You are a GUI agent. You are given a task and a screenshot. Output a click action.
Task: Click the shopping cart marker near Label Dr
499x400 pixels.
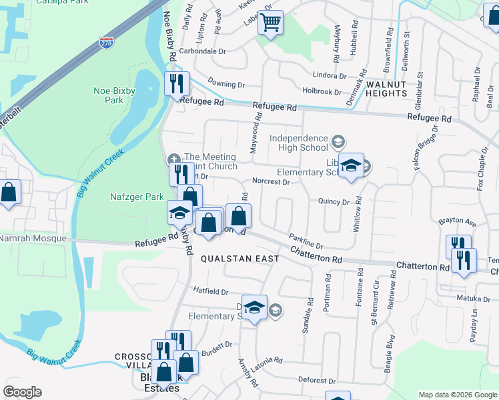click(271, 23)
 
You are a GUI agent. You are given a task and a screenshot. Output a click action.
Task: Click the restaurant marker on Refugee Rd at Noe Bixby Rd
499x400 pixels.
click(177, 84)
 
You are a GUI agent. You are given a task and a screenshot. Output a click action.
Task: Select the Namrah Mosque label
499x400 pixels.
click(33, 238)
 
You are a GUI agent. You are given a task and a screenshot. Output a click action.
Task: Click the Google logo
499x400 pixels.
click(22, 392)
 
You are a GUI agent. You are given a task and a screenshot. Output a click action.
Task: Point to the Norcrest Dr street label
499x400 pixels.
click(271, 181)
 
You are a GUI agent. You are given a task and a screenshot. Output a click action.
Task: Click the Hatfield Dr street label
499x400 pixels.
click(211, 291)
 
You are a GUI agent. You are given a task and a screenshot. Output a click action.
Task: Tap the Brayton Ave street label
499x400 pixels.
click(456, 221)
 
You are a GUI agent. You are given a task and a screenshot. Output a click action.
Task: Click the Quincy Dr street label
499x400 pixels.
click(334, 201)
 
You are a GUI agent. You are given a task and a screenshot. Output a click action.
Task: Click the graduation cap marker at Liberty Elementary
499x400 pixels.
click(350, 166)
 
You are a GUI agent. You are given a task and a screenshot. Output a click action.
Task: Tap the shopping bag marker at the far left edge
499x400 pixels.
click(9, 193)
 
